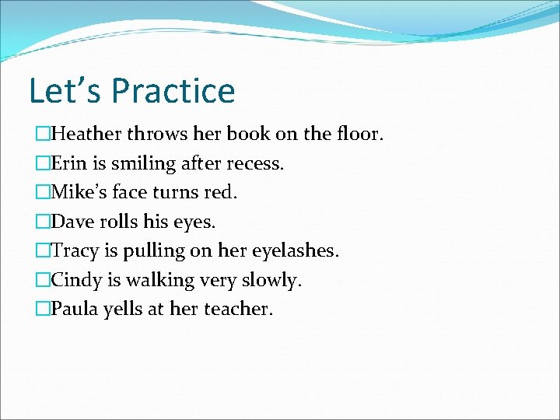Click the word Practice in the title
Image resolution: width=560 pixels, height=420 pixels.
coord(173,90)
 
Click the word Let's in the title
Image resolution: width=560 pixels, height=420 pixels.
coord(66,90)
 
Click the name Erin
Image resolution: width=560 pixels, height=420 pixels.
coord(68,163)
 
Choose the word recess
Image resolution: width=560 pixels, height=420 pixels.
coord(255,163)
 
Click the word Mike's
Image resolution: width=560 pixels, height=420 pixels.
coord(79,192)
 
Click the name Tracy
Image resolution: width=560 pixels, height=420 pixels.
coord(74,251)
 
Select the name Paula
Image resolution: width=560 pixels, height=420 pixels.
coord(74,309)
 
